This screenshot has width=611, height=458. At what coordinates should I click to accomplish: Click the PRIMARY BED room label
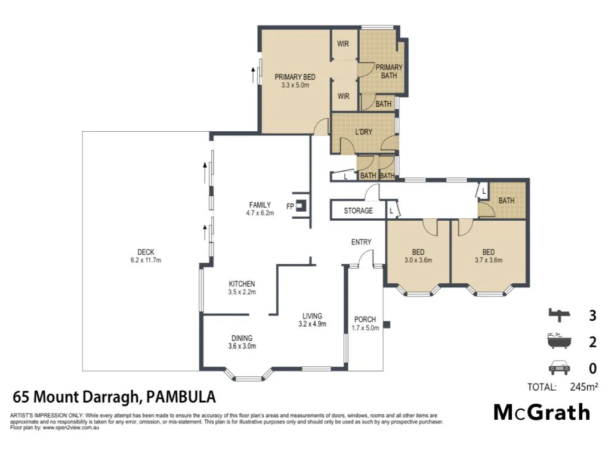[294, 77]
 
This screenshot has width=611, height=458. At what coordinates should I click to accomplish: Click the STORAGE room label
[358, 211]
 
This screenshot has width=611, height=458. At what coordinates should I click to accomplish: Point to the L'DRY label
[363, 132]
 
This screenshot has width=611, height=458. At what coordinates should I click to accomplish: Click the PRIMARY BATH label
[388, 72]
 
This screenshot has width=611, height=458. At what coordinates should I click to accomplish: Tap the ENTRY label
[361, 242]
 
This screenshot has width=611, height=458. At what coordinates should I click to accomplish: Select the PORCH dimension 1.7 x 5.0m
[365, 328]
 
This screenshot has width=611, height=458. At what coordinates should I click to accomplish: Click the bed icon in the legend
[559, 314]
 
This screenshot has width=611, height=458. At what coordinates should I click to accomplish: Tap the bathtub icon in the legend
[559, 342]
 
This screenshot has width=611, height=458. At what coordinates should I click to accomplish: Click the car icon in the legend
[559, 367]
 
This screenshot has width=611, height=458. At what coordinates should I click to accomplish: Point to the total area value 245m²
[584, 387]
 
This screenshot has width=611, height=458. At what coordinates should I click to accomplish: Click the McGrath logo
[542, 412]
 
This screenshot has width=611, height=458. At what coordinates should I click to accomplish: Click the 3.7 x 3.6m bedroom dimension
[489, 260]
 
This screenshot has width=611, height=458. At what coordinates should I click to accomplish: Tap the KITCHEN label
[242, 284]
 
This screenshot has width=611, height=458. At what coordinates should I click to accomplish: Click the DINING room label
[242, 338]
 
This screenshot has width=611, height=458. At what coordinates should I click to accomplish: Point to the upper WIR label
[343, 44]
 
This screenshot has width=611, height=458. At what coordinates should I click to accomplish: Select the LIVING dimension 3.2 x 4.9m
[312, 324]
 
